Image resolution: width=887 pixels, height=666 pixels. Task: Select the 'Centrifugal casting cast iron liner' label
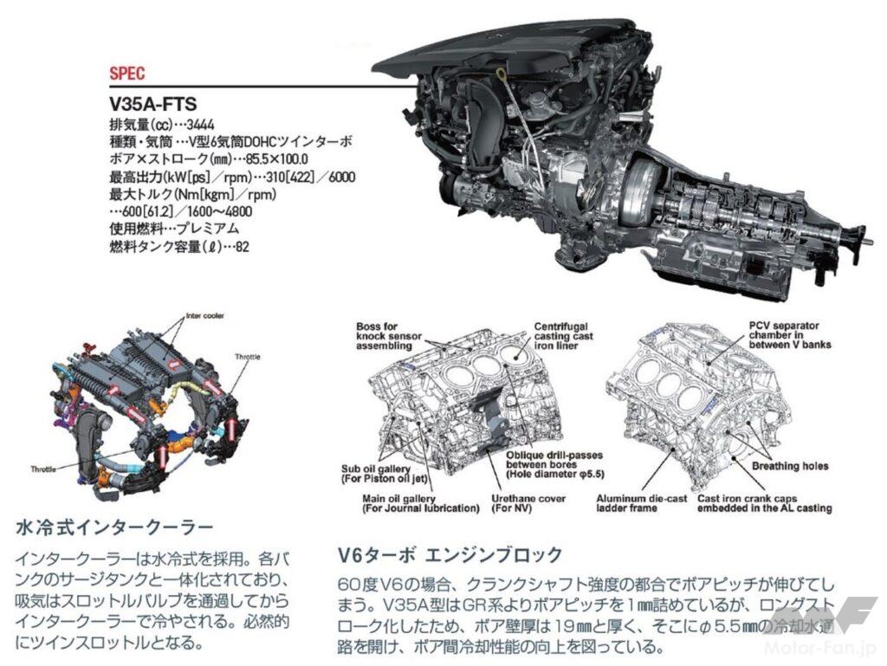567,337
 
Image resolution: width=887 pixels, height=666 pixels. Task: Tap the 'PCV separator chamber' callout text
789,335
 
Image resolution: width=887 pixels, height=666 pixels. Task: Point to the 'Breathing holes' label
789,466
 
